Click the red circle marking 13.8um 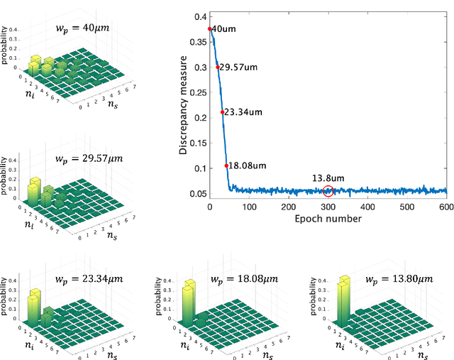(x=328, y=190)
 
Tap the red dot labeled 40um (x=210, y=29)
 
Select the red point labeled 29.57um (x=217, y=67)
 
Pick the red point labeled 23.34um (x=222, y=112)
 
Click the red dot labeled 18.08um (x=227, y=165)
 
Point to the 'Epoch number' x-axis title (x=328, y=219)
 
